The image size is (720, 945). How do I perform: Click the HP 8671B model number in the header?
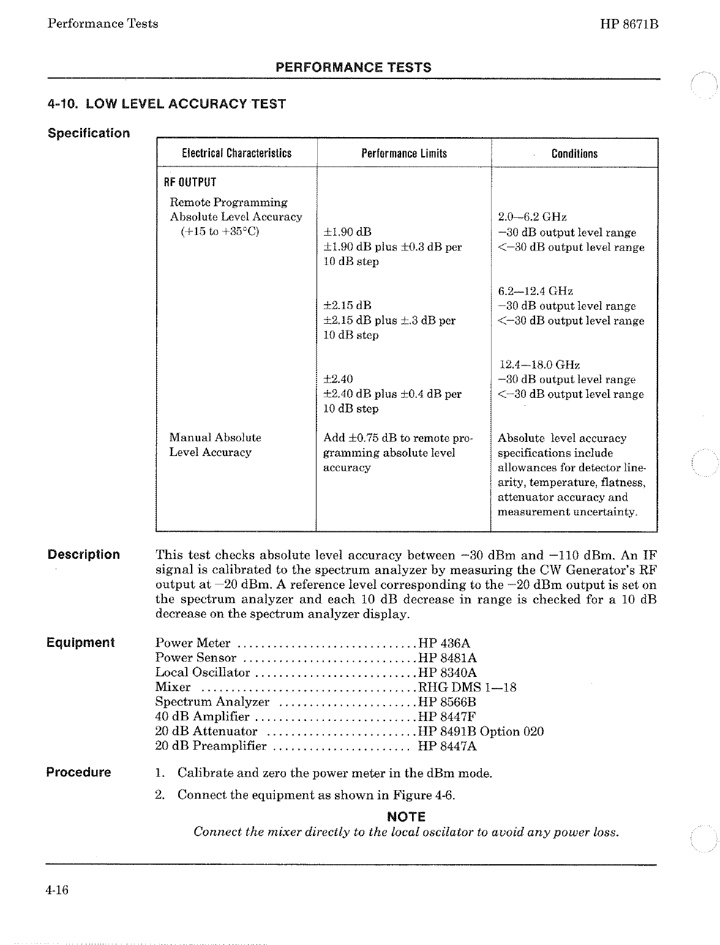tap(629, 24)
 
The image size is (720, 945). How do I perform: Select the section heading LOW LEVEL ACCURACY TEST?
tap(167, 104)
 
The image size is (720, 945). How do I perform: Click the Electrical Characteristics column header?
tap(236, 153)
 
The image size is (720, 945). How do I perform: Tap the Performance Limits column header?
tap(403, 153)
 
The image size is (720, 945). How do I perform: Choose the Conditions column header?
tap(574, 153)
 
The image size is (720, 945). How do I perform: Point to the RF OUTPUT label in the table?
tap(190, 182)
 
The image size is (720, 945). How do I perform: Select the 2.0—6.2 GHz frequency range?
tap(532, 217)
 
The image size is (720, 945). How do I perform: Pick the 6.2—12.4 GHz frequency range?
tap(536, 291)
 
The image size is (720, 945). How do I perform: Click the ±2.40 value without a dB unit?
tap(338, 379)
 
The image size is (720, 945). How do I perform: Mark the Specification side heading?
tap(89, 133)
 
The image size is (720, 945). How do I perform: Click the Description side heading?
tap(84, 555)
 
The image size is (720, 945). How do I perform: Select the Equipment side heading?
tap(81, 643)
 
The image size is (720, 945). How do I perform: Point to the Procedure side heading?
tap(79, 772)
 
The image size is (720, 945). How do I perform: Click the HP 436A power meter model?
tap(444, 643)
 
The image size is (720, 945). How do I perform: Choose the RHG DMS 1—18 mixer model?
tap(467, 687)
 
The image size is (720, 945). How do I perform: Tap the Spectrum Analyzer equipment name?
tap(212, 702)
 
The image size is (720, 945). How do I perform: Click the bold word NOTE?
tap(407, 816)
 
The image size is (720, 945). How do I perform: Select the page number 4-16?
tap(57, 889)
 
